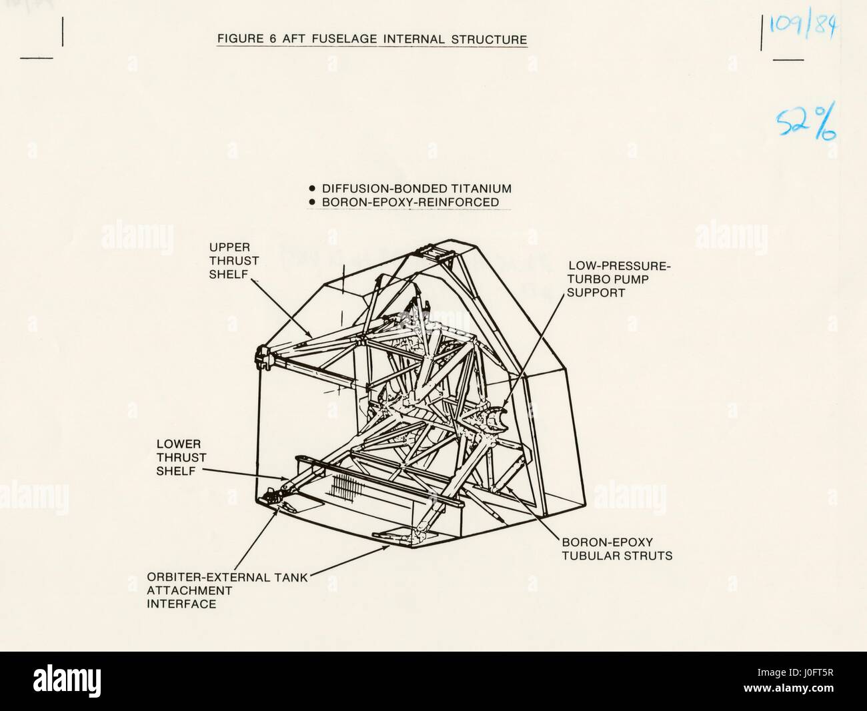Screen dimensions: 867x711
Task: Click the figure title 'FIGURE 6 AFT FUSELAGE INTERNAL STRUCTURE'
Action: pyautogui.click(x=372, y=39)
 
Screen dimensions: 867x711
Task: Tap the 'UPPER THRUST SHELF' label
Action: pyautogui.click(x=233, y=261)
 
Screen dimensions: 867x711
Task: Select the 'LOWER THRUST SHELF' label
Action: pyautogui.click(x=181, y=458)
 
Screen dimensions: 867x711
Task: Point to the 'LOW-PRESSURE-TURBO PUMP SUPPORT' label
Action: pyautogui.click(x=619, y=279)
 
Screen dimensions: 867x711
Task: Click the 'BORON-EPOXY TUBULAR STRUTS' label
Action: pyautogui.click(x=617, y=549)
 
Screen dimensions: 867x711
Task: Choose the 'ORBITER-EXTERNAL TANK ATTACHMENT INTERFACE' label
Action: pyautogui.click(x=227, y=590)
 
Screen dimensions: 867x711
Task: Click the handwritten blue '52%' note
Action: pyautogui.click(x=806, y=123)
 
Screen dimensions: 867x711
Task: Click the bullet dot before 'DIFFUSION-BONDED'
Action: pyautogui.click(x=312, y=188)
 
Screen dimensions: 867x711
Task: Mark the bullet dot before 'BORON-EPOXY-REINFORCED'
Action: pyautogui.click(x=312, y=202)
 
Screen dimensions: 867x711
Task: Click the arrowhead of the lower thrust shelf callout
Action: pyautogui.click(x=285, y=479)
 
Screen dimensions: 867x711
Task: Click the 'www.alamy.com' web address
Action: pyautogui.click(x=788, y=688)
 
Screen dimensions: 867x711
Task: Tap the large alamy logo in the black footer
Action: pyautogui.click(x=67, y=680)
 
